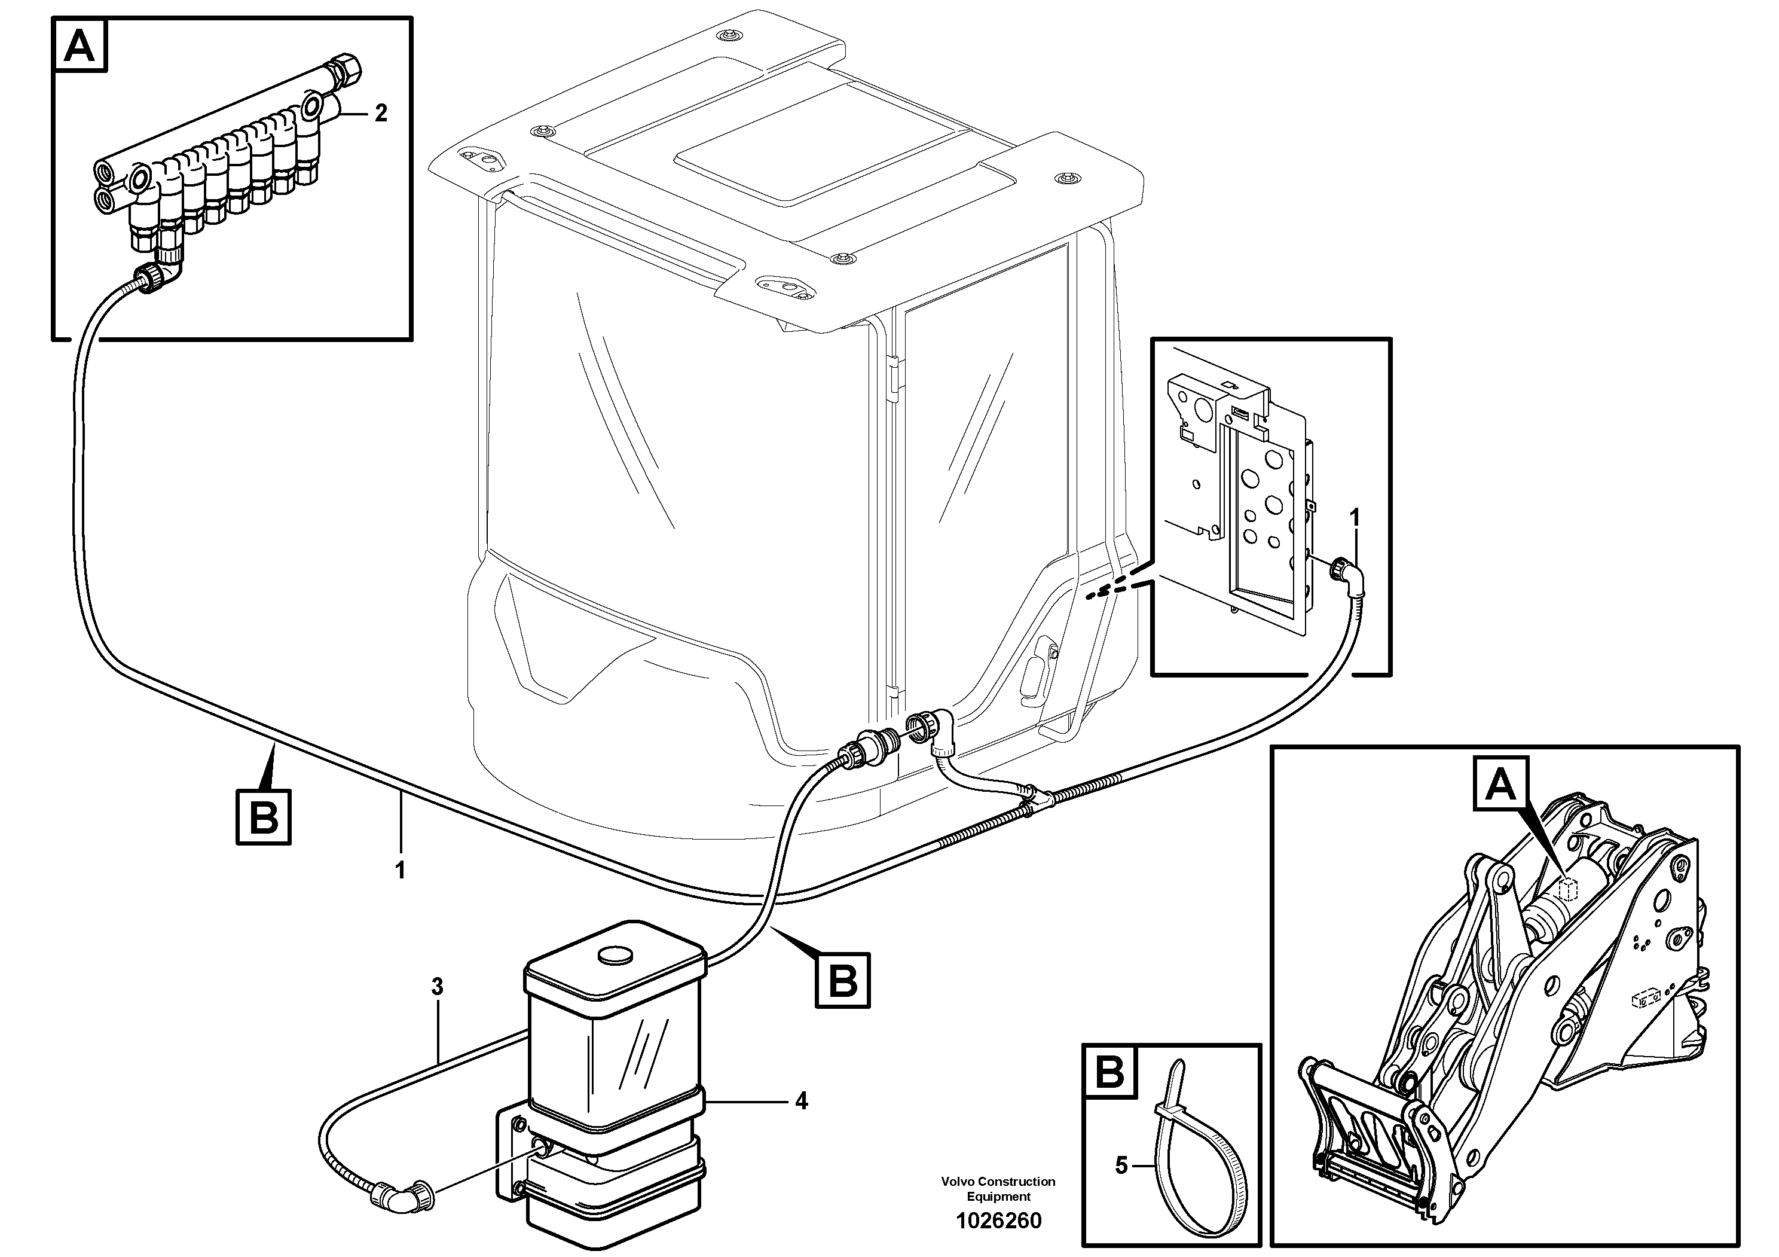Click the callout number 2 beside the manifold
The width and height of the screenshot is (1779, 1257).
tap(380, 114)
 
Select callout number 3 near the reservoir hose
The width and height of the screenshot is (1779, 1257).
tap(437, 987)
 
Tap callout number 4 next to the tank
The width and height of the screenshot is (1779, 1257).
tap(801, 1102)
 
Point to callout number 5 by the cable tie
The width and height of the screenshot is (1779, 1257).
tap(1121, 1165)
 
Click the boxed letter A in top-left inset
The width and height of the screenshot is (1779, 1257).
tap(80, 47)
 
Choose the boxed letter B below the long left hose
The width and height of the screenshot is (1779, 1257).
tap(264, 817)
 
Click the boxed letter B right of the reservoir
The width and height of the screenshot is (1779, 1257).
tap(843, 980)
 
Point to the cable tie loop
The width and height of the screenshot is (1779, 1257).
tap(1185, 1170)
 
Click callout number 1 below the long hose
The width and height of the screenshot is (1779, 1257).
tap(401, 871)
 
